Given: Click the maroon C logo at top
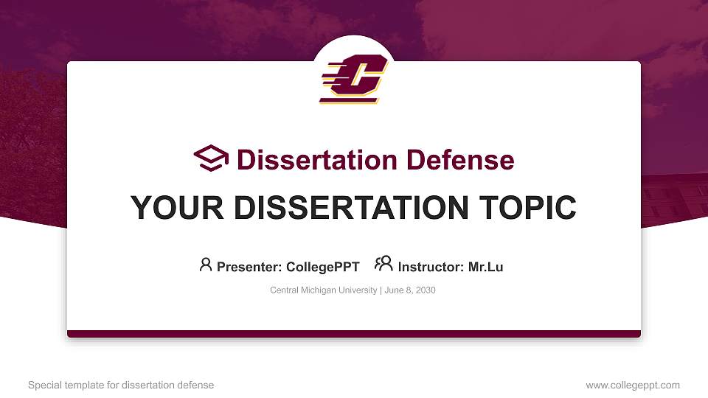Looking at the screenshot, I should click(353, 78).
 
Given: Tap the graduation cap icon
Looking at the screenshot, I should click(211, 158).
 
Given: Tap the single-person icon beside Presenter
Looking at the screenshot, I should click(206, 265).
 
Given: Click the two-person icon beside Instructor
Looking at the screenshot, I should click(383, 264).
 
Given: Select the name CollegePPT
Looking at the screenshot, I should click(322, 267).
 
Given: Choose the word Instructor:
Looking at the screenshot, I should click(431, 267).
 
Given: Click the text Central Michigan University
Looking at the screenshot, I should click(324, 290).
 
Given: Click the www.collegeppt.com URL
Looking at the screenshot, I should click(632, 385).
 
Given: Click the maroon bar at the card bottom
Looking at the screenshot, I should click(354, 334).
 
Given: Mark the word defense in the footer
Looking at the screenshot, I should click(195, 385).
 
